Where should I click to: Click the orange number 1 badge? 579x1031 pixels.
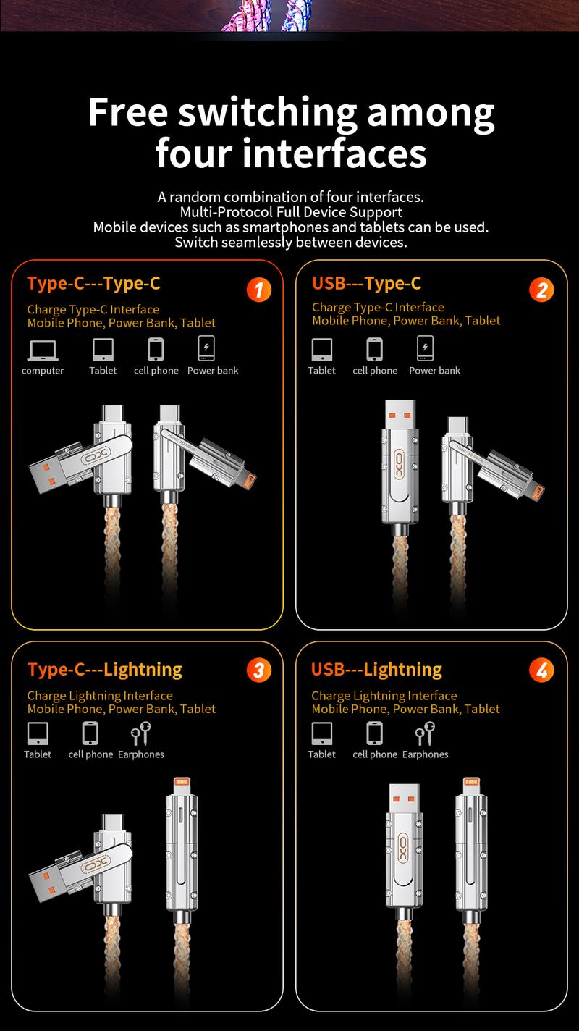click(x=258, y=290)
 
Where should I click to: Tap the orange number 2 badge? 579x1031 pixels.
click(x=541, y=290)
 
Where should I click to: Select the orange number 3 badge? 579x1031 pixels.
click(x=258, y=670)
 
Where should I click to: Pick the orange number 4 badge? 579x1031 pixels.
click(x=541, y=670)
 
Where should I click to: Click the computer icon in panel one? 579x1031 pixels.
click(x=43, y=350)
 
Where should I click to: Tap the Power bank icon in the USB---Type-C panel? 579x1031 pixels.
click(x=426, y=348)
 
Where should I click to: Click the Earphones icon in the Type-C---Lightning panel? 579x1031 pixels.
click(x=140, y=733)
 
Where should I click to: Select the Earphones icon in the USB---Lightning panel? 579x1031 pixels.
click(x=425, y=733)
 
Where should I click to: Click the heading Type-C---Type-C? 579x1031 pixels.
click(x=93, y=283)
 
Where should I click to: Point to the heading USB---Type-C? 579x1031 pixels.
click(x=366, y=283)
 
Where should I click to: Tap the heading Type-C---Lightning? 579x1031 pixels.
click(x=104, y=670)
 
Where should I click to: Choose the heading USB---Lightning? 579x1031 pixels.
click(x=376, y=670)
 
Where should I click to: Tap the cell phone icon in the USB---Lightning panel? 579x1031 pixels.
click(x=374, y=733)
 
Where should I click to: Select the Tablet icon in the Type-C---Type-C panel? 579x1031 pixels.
click(x=103, y=350)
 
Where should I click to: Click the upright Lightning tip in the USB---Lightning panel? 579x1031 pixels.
click(x=470, y=784)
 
